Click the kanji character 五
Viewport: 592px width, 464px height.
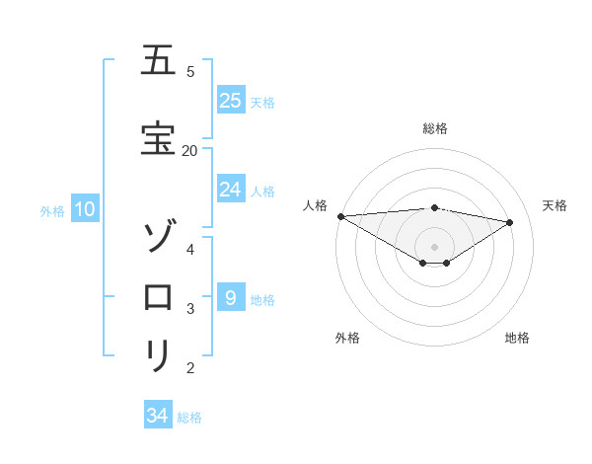pos(157,61)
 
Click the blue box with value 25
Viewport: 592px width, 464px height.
pos(230,101)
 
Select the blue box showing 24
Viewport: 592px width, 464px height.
pos(230,190)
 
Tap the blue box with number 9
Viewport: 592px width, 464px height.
pos(230,298)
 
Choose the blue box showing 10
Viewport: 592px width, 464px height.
pos(84,209)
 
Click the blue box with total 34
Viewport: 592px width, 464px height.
pos(158,416)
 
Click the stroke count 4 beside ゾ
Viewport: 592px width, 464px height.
pos(190,249)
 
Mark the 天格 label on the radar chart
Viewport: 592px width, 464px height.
pos(555,205)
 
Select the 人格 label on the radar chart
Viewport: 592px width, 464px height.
pos(315,205)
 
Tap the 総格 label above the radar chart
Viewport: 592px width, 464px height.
pos(434,128)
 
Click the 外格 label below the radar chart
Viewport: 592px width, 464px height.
pos(346,338)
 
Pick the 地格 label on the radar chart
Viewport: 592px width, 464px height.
pos(517,338)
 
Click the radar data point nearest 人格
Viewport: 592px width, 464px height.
pos(340,216)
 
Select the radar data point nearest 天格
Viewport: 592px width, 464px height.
pos(509,222)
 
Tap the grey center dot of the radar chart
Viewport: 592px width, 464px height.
pos(434,246)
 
